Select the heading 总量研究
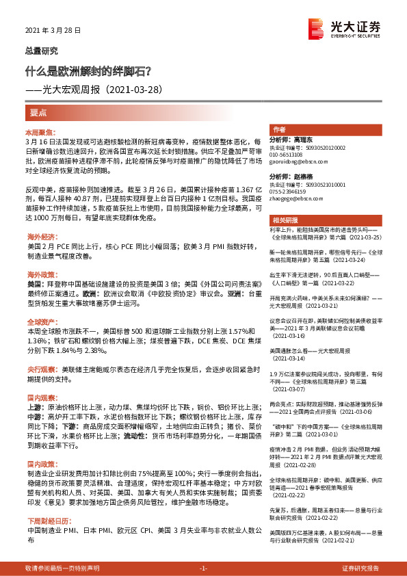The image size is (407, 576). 42,51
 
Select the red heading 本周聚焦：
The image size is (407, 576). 39,130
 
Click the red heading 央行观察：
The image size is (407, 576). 40,369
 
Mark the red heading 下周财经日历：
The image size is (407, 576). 44,521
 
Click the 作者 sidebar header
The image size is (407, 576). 279,129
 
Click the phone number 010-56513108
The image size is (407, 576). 288,155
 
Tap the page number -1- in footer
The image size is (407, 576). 202,568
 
